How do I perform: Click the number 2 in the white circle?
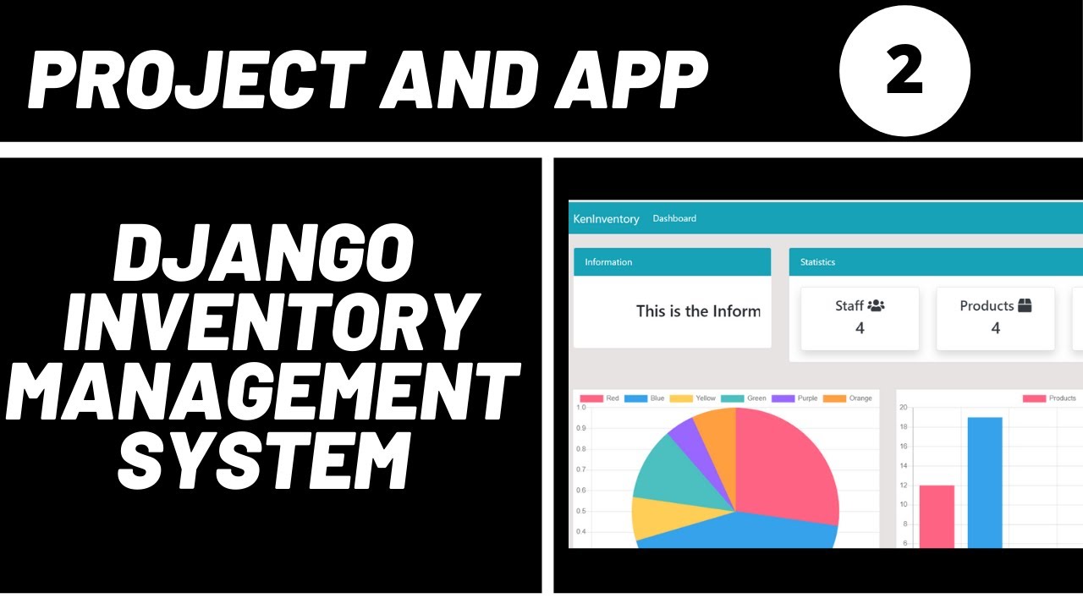coord(904,71)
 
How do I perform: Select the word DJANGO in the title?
coord(264,255)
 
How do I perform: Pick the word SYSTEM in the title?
coord(264,461)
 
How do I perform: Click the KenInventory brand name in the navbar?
coord(606,219)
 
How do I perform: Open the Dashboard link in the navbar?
coord(674,218)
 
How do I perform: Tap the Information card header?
coord(608,262)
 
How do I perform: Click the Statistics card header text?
coord(817,262)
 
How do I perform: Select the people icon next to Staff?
coord(876,305)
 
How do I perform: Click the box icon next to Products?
coord(1025,305)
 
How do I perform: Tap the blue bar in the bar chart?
coord(985,482)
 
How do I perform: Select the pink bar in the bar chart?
coord(937,516)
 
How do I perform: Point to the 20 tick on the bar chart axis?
coord(903,408)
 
